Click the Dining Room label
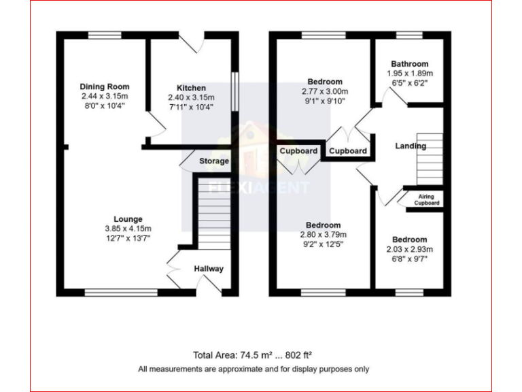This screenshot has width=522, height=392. click(x=104, y=87)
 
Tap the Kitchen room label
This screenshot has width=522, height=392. click(x=191, y=88)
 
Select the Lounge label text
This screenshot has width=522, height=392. click(x=128, y=219)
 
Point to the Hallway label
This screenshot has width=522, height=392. click(x=209, y=269)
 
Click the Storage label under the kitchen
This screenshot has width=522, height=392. click(x=213, y=161)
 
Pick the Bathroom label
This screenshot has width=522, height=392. click(x=409, y=64)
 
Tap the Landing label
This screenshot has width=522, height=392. click(x=411, y=146)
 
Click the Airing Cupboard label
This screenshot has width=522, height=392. click(x=427, y=199)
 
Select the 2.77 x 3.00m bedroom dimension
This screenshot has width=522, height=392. click(x=324, y=91)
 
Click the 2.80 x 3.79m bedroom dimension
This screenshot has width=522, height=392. click(x=323, y=235)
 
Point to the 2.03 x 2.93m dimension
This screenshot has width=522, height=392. click(x=409, y=250)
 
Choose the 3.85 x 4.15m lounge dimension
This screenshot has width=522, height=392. click(x=128, y=229)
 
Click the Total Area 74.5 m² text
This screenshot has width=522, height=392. click(x=252, y=355)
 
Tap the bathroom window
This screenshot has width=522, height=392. click(x=409, y=35)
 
